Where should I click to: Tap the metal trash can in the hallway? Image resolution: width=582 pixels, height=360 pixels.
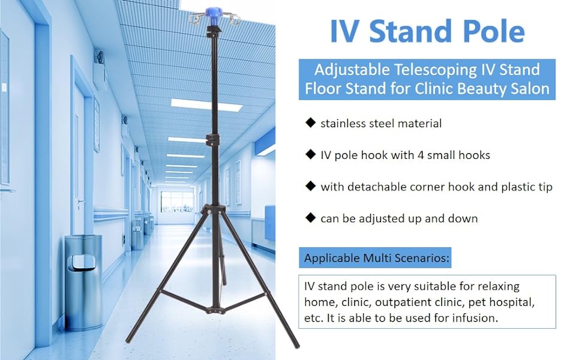click(83, 282)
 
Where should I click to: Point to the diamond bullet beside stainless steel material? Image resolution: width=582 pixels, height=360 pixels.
click(310, 122)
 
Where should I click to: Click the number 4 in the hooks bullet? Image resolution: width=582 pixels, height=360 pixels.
click(421, 155)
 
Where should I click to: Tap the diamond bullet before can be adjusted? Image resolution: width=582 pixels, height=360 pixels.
click(310, 217)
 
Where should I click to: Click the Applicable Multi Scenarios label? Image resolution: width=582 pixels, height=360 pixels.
click(377, 257)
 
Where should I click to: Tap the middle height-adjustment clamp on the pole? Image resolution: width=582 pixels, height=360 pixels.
click(213, 140)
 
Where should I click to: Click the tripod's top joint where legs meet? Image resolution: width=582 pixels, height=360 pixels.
click(212, 209)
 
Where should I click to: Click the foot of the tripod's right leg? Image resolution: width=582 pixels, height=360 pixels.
click(296, 345)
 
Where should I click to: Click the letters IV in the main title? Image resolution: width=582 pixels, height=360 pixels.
click(344, 31)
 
